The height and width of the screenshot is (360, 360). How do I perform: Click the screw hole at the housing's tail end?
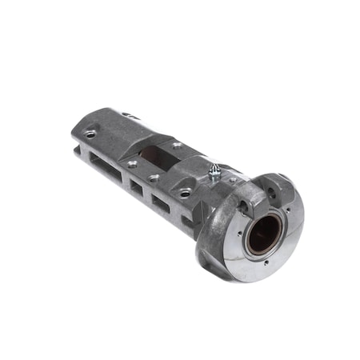pos(90,134)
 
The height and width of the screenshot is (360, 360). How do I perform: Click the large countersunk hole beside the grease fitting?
pos(186,192)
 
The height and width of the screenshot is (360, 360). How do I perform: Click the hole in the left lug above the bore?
pos(242,207)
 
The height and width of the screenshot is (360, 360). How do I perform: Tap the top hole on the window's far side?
pos(176,144)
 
